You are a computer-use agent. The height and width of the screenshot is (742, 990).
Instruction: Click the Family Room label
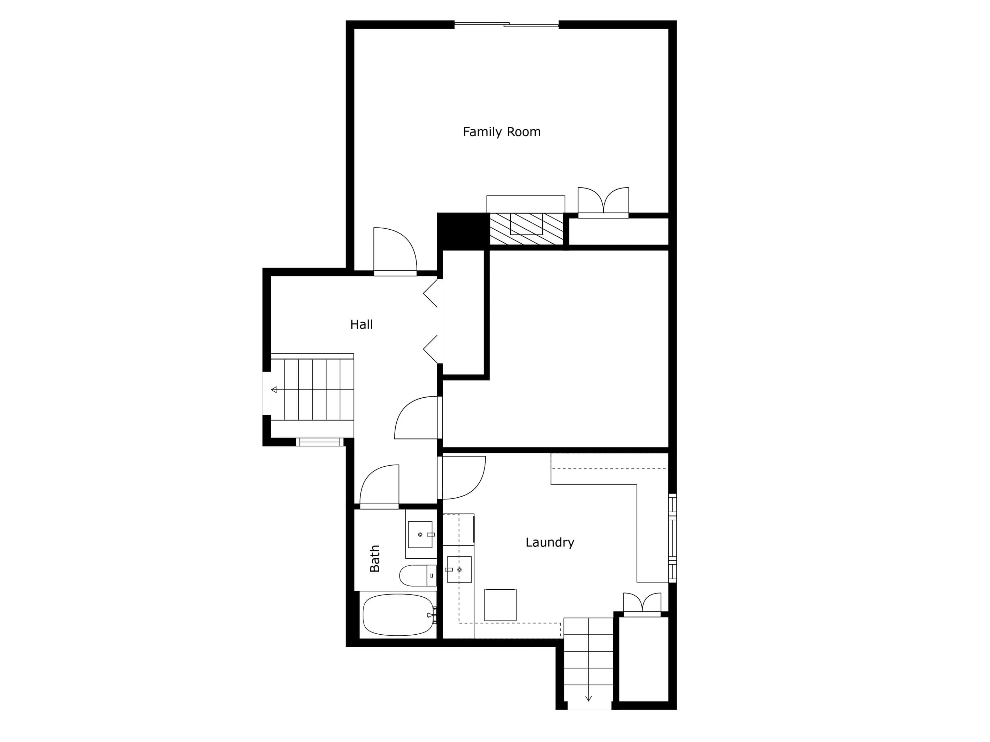pos(501,132)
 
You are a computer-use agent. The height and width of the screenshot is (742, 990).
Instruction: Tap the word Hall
pos(361,324)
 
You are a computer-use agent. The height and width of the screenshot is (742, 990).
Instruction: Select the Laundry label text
pos(550,542)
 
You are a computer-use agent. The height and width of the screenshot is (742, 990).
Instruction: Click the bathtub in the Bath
pos(398,615)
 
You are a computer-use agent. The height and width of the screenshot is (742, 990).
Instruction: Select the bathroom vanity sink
pos(420,534)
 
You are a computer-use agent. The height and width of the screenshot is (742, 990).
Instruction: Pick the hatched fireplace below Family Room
pos(526,229)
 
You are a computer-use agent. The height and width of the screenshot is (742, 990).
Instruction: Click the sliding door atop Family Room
pos(507,25)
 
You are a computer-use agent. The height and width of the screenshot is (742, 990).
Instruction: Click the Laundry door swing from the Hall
pos(462,477)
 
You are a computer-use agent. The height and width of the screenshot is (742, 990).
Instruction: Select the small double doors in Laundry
pos(642,605)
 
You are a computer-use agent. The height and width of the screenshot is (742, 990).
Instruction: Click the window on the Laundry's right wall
pos(672,538)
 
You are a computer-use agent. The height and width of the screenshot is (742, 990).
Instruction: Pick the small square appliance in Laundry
pos(500,605)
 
